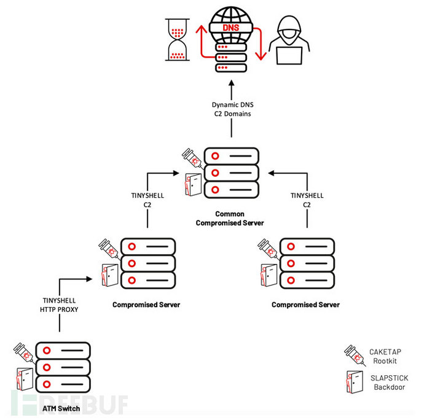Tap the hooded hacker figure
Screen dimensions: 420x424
point(293,34)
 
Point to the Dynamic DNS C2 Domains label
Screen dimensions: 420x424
point(231,108)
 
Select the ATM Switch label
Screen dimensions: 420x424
point(60,408)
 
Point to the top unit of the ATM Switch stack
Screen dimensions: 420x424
point(63,351)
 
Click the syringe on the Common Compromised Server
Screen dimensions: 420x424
point(193,159)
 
